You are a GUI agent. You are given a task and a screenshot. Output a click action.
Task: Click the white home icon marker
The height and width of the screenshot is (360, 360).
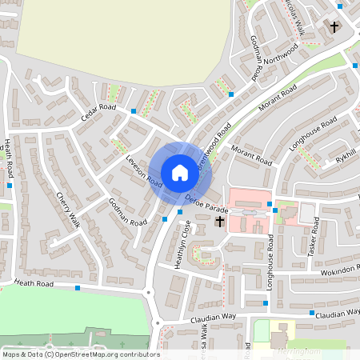[x=179, y=172]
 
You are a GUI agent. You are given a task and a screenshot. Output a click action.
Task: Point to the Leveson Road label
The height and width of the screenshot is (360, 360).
[x=143, y=170]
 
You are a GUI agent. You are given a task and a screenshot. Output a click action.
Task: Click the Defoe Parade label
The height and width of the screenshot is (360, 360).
[x=206, y=203]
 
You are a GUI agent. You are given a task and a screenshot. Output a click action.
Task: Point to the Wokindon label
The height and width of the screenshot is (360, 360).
[x=340, y=273]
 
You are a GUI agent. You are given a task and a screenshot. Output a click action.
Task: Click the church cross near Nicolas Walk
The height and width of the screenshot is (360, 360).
[x=334, y=27]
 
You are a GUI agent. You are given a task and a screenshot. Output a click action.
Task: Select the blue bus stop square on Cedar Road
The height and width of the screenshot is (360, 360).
[x=134, y=110]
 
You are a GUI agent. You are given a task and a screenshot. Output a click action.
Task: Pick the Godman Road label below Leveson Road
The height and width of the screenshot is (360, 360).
[x=127, y=210]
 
